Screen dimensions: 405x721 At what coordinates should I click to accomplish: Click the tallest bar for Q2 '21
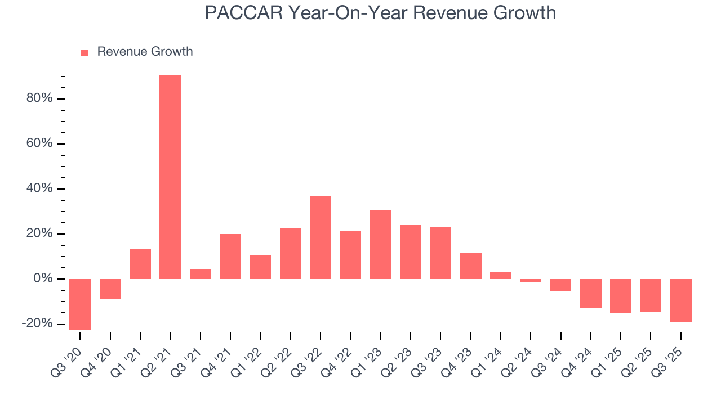click(170, 177)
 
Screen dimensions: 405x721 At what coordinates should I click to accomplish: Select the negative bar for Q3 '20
click(80, 304)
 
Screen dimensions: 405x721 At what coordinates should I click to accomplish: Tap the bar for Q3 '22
click(321, 237)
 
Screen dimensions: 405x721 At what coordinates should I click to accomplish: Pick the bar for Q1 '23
click(381, 244)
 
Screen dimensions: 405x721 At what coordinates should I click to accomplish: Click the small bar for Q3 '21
click(201, 274)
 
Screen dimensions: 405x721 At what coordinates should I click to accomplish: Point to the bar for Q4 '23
click(471, 266)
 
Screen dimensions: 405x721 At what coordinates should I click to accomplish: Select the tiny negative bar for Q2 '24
click(531, 280)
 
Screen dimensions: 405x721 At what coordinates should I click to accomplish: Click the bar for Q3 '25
click(680, 300)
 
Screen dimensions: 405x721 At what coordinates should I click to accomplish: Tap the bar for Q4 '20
click(110, 289)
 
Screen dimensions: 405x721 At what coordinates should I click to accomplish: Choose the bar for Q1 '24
click(501, 276)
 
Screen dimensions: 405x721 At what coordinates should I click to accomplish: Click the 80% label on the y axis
click(39, 98)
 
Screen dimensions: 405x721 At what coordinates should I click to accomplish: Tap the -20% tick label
click(37, 324)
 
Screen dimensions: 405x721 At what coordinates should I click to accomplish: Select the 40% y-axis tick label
click(39, 188)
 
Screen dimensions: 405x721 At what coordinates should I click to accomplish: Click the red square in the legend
click(84, 52)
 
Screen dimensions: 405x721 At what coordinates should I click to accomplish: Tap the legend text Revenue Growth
click(145, 52)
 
